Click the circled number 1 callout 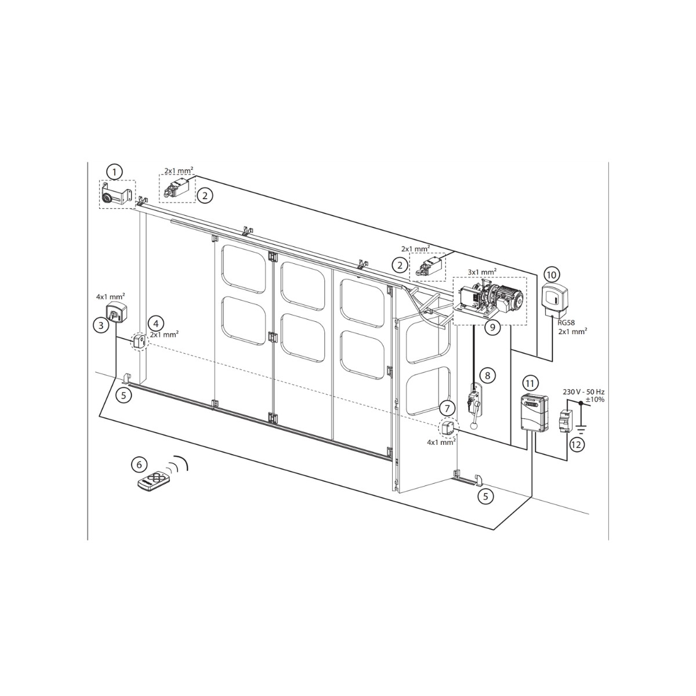(115, 172)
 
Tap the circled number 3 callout (101, 325)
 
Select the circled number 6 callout (139, 465)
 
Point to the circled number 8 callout (487, 376)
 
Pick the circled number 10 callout (551, 275)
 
